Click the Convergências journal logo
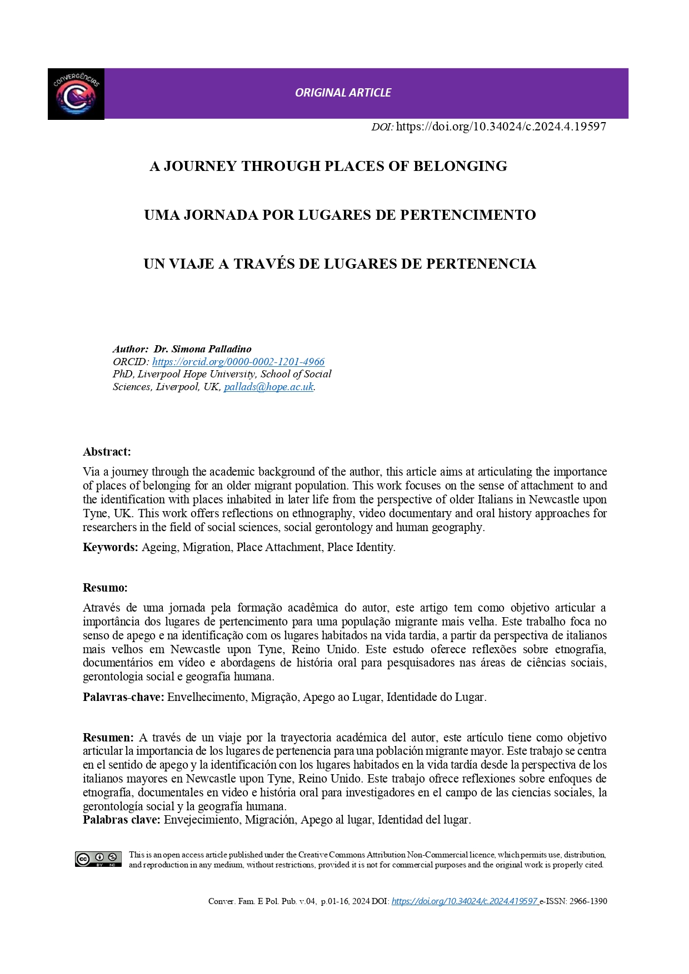click(x=76, y=94)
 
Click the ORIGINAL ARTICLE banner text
click(x=343, y=93)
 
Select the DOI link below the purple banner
click(x=501, y=127)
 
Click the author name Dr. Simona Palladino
click(x=202, y=349)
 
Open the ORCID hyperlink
click(x=238, y=362)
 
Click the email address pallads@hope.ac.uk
click(x=269, y=387)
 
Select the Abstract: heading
click(x=107, y=452)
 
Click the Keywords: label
click(x=110, y=547)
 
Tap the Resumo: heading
click(x=105, y=588)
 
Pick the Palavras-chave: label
click(x=123, y=697)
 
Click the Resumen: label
click(x=108, y=738)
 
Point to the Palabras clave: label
click(x=122, y=820)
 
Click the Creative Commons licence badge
click(x=98, y=859)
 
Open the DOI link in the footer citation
click(x=464, y=901)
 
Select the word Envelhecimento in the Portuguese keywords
click(x=206, y=697)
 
